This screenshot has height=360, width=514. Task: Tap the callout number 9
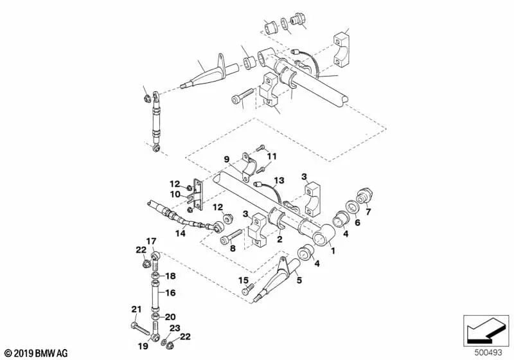[226, 159]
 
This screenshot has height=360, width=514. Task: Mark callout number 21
[135, 310]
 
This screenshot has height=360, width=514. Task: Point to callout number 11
[271, 156]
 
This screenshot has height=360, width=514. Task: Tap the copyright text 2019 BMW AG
[35, 353]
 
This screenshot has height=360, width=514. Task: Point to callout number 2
[279, 239]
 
